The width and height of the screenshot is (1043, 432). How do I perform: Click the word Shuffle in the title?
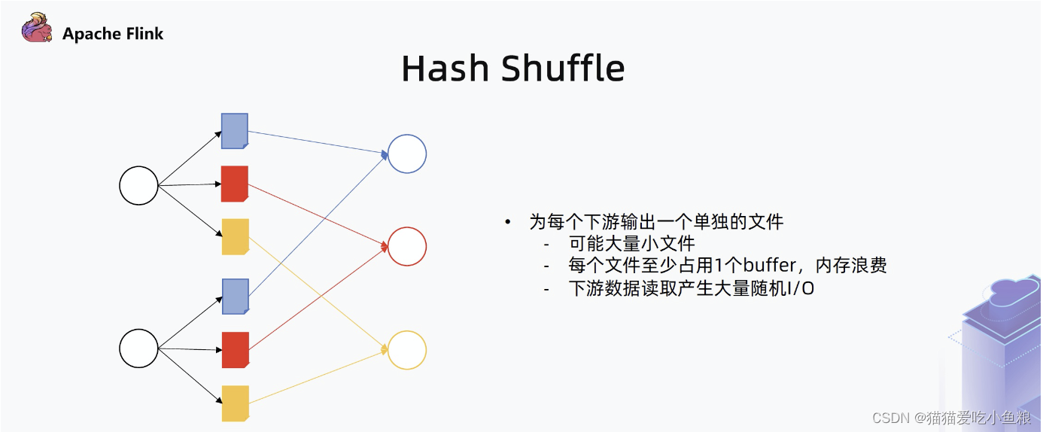point(563,69)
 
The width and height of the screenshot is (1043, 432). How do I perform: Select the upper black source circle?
point(139,185)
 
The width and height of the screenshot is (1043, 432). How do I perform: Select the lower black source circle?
point(139,348)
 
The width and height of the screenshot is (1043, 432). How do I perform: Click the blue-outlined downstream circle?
point(407,154)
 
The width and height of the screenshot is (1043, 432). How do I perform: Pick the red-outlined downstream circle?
point(407,246)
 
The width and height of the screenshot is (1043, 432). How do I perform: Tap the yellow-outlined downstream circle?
point(407,350)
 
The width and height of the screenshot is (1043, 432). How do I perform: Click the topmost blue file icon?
point(235,131)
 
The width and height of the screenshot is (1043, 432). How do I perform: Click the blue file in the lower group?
point(235,296)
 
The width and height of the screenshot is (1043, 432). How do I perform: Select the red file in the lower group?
point(235,350)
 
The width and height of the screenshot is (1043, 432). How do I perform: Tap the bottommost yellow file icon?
point(235,403)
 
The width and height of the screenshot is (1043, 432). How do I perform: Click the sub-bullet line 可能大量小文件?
point(632,244)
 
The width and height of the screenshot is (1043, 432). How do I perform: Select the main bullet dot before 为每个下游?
point(508,222)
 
